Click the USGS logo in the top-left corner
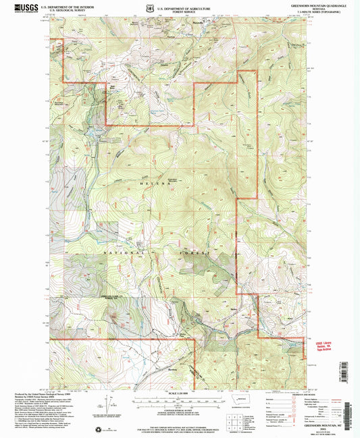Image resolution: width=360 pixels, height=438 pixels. point(19,7)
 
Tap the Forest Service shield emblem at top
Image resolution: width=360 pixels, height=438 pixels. point(149,7)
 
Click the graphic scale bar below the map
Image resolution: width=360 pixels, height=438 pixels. point(178,400)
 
